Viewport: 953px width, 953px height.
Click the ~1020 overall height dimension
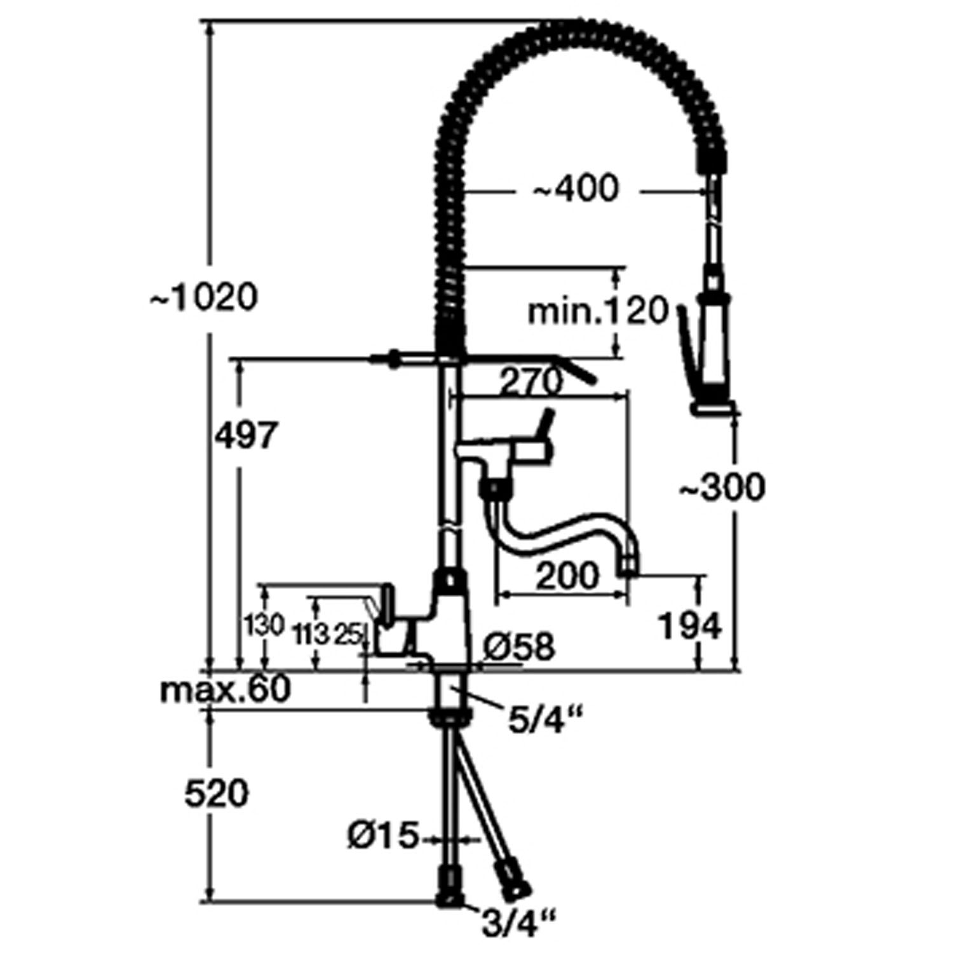(x=205, y=297)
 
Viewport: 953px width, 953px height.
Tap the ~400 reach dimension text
(x=576, y=189)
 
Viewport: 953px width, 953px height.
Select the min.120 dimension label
(x=598, y=311)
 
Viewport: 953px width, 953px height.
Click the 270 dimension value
(x=531, y=382)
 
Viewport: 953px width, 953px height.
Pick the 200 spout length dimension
(x=567, y=576)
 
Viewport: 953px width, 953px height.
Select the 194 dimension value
(x=691, y=626)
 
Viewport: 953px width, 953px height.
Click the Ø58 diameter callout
(x=518, y=647)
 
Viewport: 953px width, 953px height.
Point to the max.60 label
(x=226, y=689)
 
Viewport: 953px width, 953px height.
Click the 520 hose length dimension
(x=216, y=794)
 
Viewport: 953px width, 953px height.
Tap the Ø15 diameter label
(x=384, y=836)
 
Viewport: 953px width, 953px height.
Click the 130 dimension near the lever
(x=264, y=626)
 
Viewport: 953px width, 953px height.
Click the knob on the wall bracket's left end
(x=393, y=360)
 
